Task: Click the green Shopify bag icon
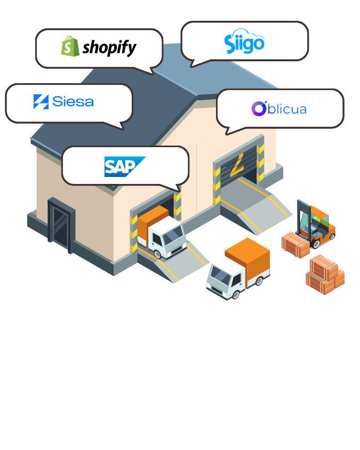pos(70,46)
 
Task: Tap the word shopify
pos(109,47)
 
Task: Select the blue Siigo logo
pos(244,42)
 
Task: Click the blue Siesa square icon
pos(41,102)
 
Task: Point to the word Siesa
pos(73,102)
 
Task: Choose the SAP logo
pos(125,166)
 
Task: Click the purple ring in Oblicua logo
pos(259,109)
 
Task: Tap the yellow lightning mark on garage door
pos(237,165)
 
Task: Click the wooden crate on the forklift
pos(295,245)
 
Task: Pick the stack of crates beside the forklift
pos(325,274)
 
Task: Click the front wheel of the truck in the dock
pos(158,254)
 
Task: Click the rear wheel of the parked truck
pos(259,280)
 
